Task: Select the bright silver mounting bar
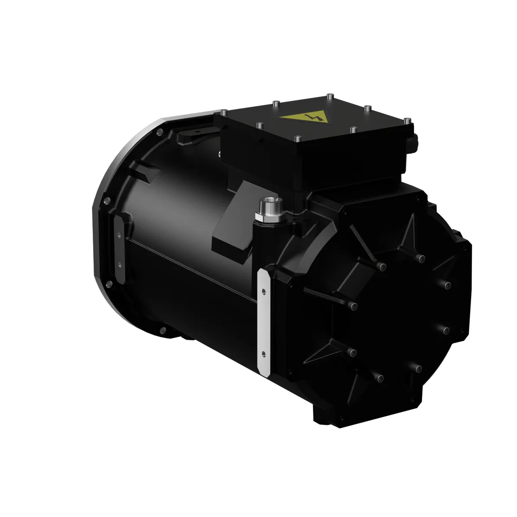(264, 321)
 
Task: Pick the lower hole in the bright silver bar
(263, 352)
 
